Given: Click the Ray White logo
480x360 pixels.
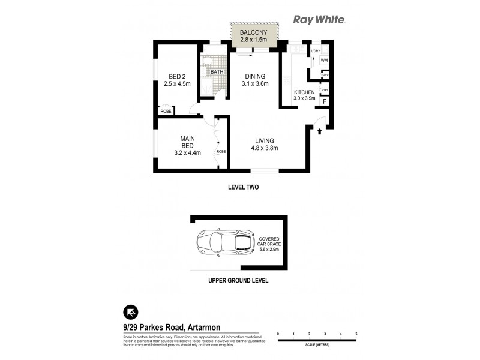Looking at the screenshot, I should [x=319, y=19].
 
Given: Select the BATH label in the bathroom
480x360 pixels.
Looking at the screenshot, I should [x=217, y=72].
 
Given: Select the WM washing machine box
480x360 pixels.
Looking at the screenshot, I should [x=324, y=61].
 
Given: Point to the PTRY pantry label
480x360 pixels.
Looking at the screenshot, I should [x=325, y=90].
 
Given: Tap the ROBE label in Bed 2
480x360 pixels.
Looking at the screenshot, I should [x=164, y=112].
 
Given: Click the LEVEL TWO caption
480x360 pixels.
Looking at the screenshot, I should [x=244, y=187].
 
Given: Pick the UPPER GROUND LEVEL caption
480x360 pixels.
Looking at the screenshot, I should [x=238, y=280].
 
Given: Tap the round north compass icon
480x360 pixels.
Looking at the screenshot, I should [x=131, y=311].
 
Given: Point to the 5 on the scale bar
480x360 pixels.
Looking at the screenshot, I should [x=356, y=333].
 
